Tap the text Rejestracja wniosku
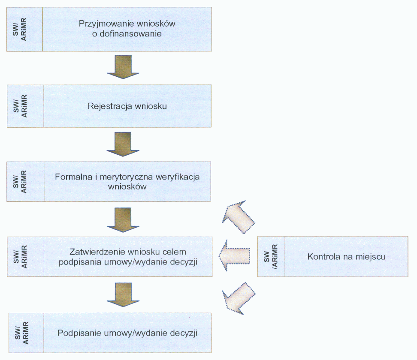point(127,106)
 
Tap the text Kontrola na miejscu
point(347,257)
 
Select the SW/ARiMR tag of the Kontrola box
point(271,257)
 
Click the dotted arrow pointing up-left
point(238,216)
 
